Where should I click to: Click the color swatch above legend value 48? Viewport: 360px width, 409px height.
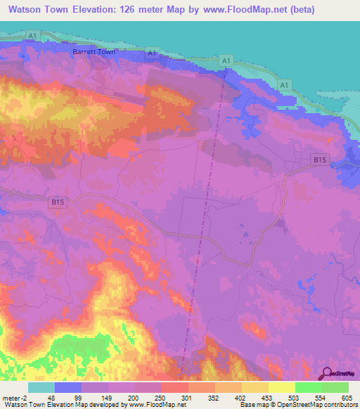click(41, 387)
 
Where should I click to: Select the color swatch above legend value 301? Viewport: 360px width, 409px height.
click(175, 387)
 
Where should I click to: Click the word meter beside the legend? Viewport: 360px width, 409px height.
click(12, 398)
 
